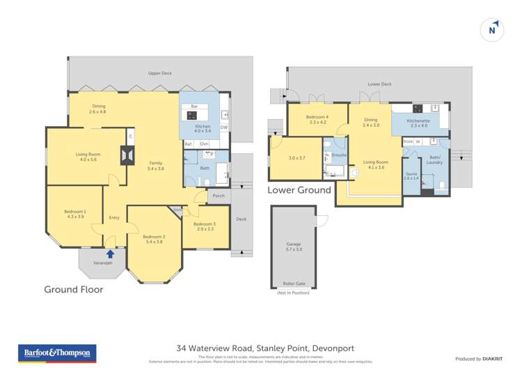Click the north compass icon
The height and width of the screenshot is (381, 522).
pos(492,30)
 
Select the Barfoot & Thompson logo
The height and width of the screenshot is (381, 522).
pos(58,354)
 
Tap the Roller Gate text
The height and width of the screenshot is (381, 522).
pos(293,284)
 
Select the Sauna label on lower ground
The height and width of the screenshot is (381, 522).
pos(411,175)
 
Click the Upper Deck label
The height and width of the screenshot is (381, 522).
pos(159,73)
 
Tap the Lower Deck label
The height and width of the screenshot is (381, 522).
pos(379,84)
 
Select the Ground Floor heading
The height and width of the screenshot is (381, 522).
pos(74,289)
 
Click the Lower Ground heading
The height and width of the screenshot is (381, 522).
pos(299,189)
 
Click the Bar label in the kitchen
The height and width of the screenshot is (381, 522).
pos(194,106)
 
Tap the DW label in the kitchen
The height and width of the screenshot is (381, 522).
pos(223,127)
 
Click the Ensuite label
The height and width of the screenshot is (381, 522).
pos(339,155)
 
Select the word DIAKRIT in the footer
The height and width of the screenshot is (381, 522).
pos(493,359)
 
